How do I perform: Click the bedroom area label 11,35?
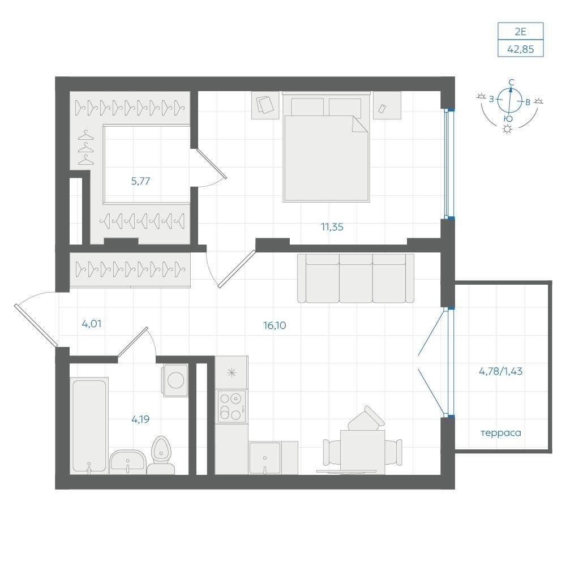tap(332, 227)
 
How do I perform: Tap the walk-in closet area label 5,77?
tap(140, 181)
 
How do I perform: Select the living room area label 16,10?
tap(275, 325)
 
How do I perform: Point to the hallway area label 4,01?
tap(92, 324)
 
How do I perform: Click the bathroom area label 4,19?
tap(140, 419)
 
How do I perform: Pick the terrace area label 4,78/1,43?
tap(501, 371)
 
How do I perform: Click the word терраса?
tap(501, 433)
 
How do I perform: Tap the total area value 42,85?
tap(521, 49)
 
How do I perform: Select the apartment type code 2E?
tap(521, 32)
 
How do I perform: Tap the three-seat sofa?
tap(355, 278)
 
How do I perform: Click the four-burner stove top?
tap(231, 406)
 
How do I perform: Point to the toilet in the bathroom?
tap(161, 456)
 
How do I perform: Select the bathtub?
tap(89, 426)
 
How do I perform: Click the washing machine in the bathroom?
tap(175, 380)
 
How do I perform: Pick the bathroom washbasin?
tap(127, 462)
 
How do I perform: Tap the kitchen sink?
tap(264, 458)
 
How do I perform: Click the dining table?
tap(362, 452)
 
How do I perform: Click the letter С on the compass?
tap(511, 83)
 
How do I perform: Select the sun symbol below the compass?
tap(508, 129)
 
